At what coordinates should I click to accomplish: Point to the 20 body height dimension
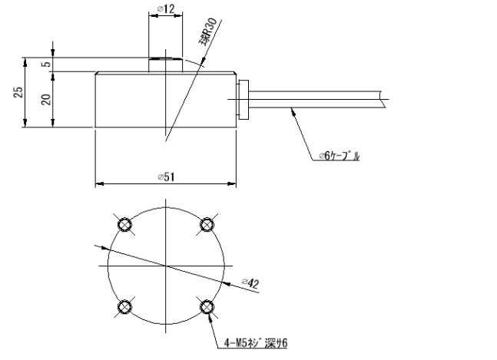point(45,100)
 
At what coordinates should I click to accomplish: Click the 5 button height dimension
point(45,64)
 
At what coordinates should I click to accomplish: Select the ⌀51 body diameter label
point(165,177)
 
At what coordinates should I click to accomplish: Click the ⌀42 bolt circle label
point(251,283)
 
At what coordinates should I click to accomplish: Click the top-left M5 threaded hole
point(124,224)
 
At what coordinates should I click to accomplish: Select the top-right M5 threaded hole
point(207,224)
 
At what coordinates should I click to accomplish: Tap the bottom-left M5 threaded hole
point(124,307)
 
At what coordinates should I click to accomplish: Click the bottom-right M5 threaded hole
point(207,307)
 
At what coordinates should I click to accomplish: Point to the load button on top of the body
point(165,64)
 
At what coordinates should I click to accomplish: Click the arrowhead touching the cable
point(291,113)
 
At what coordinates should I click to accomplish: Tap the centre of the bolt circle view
point(165,266)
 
